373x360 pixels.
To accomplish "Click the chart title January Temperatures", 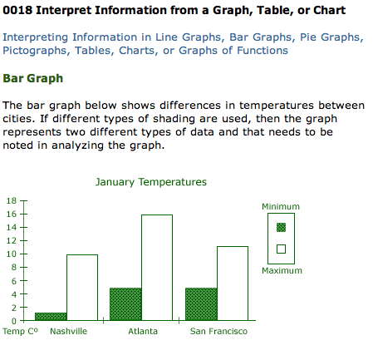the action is (x=151, y=182).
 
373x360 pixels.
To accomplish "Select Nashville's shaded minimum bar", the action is (x=51, y=317).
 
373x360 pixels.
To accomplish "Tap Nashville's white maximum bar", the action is (x=82, y=288).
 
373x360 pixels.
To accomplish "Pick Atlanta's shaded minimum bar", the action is (x=125, y=304).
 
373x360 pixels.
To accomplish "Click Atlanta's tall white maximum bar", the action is (x=157, y=268).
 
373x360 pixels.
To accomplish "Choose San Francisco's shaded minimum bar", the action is (x=201, y=304).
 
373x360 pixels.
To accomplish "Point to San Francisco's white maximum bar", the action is (x=233, y=284).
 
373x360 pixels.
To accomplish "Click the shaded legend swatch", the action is (x=281, y=228).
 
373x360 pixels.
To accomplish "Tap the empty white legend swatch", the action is (x=281, y=249).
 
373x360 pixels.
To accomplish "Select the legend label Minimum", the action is (x=281, y=206).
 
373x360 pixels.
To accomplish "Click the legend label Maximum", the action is (x=282, y=270).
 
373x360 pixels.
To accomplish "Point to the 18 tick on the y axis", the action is (x=12, y=200).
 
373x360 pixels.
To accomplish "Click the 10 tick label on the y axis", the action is (x=12, y=254).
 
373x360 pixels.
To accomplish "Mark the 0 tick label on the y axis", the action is (x=14, y=321).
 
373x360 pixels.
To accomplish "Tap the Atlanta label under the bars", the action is (x=143, y=331).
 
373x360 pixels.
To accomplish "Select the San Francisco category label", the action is (x=218, y=331).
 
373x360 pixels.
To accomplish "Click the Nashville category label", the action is (x=69, y=331).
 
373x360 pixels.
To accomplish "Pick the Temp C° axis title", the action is (x=20, y=331).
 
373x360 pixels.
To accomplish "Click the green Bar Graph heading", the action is (x=33, y=78).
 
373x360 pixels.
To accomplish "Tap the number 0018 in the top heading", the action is (x=17, y=10).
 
